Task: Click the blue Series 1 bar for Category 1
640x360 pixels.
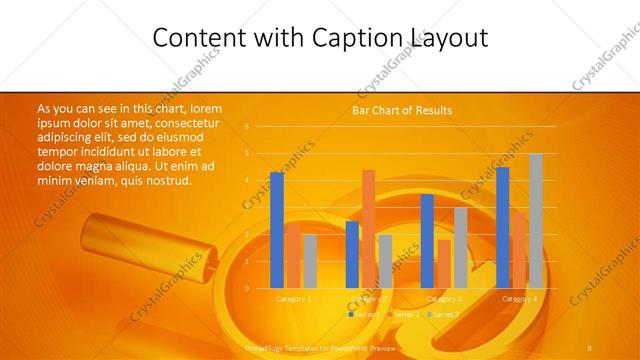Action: click(277, 230)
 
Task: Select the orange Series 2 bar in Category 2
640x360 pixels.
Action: click(369, 228)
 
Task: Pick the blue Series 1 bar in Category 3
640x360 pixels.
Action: click(427, 241)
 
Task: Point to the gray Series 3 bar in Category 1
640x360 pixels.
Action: click(310, 261)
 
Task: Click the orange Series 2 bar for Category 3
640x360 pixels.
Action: click(444, 263)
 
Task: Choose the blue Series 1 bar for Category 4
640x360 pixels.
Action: click(503, 227)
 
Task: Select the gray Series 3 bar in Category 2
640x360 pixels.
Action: click(385, 261)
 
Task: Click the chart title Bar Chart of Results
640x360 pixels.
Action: click(402, 110)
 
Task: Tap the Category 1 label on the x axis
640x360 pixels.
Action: click(294, 299)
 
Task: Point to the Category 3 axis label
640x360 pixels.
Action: click(444, 299)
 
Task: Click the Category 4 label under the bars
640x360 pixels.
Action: click(519, 299)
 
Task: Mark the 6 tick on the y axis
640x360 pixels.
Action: click(246, 126)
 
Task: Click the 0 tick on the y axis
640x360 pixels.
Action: click(246, 288)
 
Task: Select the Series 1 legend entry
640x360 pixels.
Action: click(364, 314)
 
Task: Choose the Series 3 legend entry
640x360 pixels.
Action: click(443, 314)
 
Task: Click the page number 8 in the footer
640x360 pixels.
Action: click(591, 345)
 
